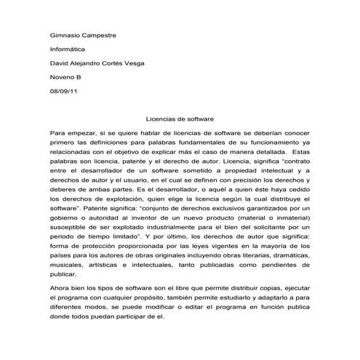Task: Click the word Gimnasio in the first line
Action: [64, 35]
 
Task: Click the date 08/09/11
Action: [64, 92]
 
